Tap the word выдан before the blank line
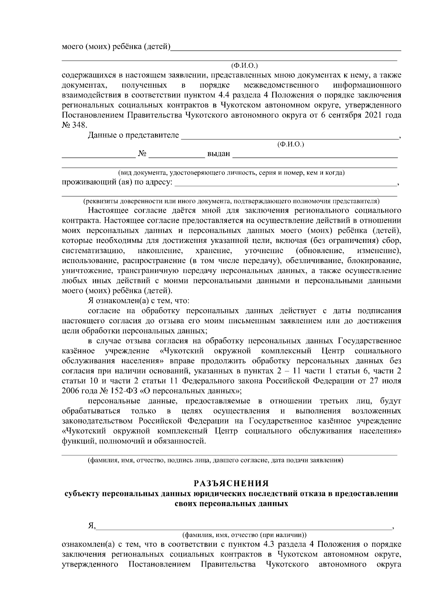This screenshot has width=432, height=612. pyautogui.click(x=219, y=154)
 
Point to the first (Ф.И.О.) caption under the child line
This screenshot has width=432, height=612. pyautogui.click(x=245, y=66)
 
